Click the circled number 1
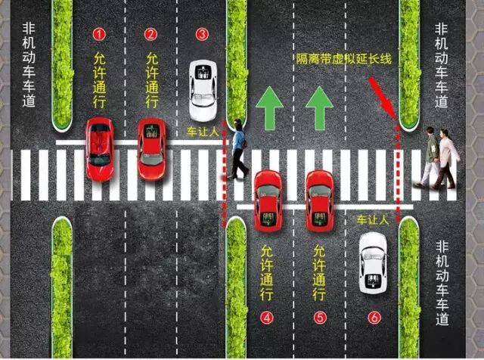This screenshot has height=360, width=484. [x=98, y=34]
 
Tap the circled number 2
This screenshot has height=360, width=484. [x=150, y=34]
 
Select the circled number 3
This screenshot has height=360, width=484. [x=201, y=34]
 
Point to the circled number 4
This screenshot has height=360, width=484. [x=267, y=318]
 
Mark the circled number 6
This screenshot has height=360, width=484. [x=373, y=318]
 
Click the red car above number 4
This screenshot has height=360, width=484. [x=268, y=200]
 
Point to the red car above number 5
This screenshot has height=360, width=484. [x=319, y=200]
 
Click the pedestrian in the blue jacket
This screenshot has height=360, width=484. [x=239, y=149]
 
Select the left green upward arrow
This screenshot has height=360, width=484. [x=268, y=107]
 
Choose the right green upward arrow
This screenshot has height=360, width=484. [x=321, y=107]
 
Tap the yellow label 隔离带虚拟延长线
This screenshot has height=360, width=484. [x=344, y=59]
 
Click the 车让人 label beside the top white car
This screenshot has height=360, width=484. [x=201, y=132]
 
